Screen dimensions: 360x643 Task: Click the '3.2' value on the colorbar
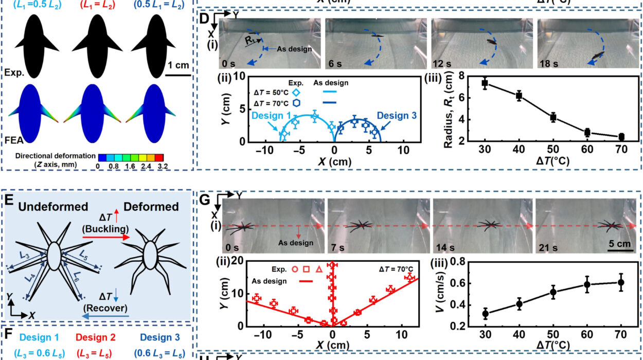click(x=163, y=166)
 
